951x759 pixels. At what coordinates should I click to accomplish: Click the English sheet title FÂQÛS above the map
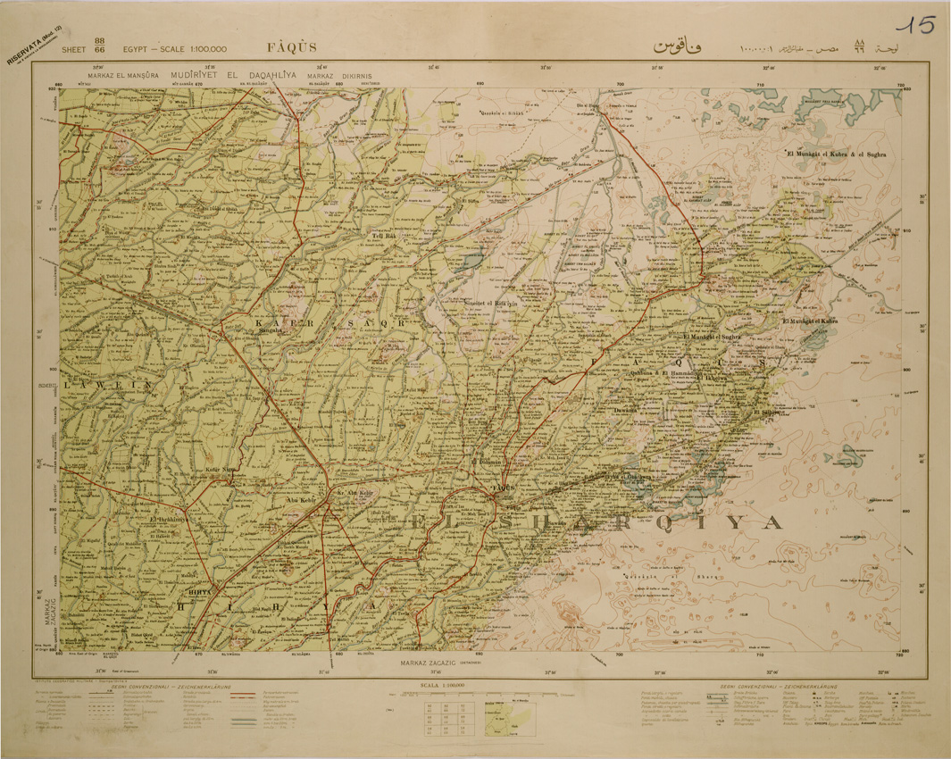290,47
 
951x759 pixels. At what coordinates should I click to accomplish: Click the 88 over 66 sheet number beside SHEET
99,46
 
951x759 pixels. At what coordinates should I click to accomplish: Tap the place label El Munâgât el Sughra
713,338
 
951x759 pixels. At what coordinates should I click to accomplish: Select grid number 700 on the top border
620,87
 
